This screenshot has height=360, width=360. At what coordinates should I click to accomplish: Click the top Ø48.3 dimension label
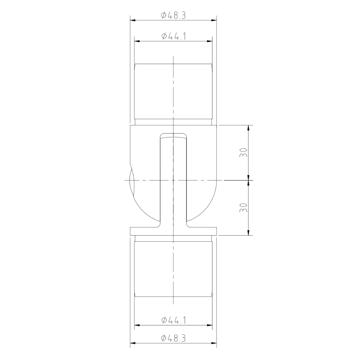173,15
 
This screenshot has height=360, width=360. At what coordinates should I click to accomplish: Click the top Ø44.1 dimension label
173,36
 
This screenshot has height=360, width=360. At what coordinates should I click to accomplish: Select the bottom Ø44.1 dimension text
173,320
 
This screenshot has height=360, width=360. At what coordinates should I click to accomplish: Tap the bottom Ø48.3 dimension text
173,338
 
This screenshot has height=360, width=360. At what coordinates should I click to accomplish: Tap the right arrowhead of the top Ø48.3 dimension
215,20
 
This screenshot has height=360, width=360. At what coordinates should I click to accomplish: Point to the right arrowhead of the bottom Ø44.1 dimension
210,325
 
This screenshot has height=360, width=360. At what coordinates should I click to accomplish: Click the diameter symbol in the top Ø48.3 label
163,15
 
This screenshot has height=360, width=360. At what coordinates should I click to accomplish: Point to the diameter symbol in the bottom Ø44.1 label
163,320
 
